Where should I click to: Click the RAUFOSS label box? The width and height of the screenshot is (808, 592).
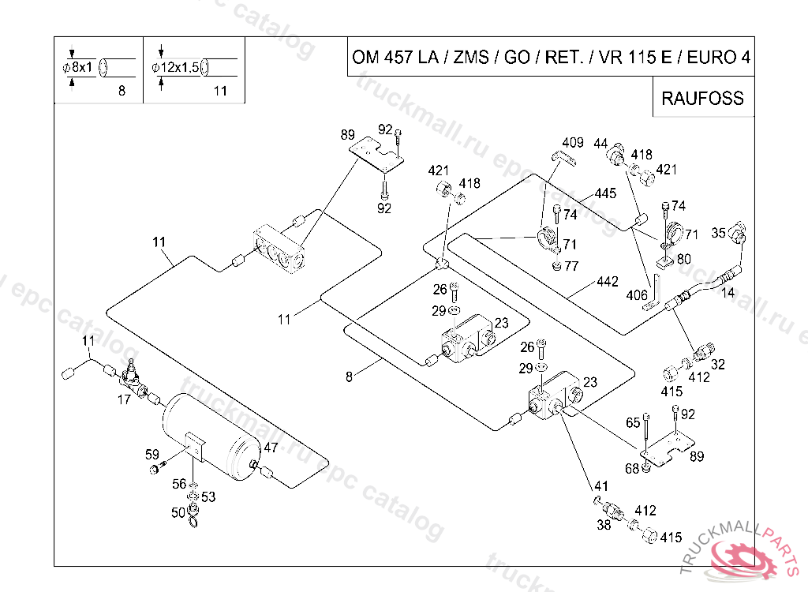click(x=702, y=98)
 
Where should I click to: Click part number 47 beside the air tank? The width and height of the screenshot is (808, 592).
click(x=271, y=448)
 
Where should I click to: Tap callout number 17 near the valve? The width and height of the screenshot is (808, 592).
click(x=124, y=400)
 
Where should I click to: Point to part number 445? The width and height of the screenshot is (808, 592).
click(x=605, y=193)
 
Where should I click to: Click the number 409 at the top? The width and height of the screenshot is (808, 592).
click(x=574, y=143)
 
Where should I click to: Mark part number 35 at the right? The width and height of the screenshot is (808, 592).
click(x=718, y=233)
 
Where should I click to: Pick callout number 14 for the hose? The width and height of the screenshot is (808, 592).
click(x=728, y=292)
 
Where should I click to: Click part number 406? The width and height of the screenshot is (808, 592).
click(x=637, y=294)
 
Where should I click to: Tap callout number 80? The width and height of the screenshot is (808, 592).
click(x=683, y=258)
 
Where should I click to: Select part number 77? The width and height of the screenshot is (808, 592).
click(x=571, y=266)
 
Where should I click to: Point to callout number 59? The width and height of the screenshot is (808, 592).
click(x=152, y=454)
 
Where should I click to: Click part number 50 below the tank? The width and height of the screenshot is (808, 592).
click(x=178, y=513)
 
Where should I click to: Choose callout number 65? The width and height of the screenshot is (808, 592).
click(x=633, y=423)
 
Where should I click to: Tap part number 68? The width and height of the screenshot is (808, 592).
click(x=632, y=469)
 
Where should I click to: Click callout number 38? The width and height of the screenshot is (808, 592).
click(x=604, y=525)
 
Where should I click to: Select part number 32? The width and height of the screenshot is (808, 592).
click(x=718, y=365)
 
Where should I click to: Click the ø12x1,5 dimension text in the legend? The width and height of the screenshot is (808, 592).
click(x=174, y=68)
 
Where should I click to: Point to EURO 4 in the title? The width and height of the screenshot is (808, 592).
click(x=718, y=58)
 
